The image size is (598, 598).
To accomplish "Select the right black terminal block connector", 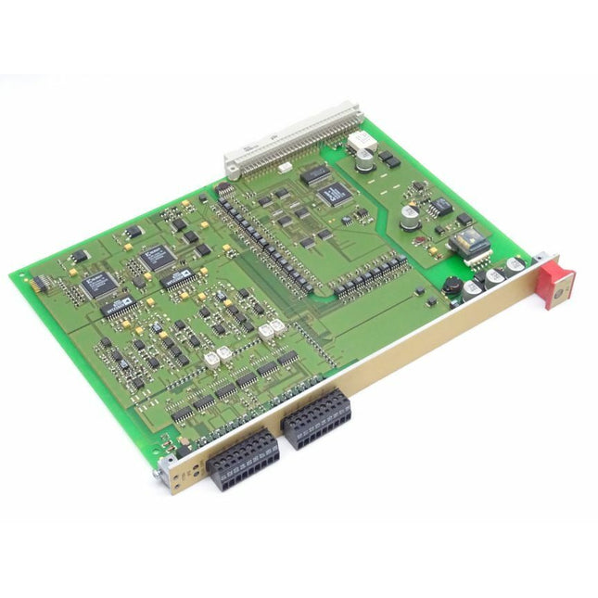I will (316, 423).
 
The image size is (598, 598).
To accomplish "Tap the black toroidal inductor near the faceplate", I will (452, 286).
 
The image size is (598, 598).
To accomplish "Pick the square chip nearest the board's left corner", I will (98, 284).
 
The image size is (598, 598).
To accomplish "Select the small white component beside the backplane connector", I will (284, 168).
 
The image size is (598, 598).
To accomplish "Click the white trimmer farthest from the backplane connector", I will (208, 357).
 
